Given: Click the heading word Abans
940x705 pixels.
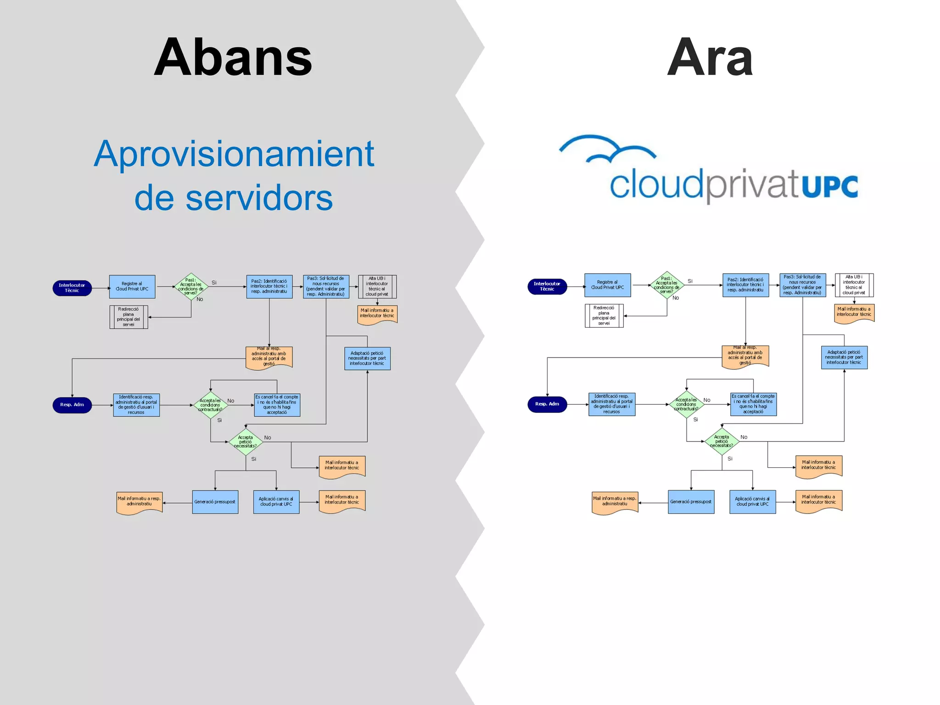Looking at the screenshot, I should [233, 57].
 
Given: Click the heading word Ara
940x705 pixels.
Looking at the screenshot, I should [710, 57].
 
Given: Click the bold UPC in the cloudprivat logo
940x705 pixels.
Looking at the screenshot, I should [830, 186].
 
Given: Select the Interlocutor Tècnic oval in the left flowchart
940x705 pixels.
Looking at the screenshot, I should [72, 288].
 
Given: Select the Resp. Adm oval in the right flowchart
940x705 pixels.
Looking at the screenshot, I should [547, 404].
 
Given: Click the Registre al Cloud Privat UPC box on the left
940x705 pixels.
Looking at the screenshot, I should [132, 286].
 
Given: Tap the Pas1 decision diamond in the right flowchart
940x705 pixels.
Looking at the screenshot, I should [667, 285].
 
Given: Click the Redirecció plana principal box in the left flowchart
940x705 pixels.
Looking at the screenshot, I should [129, 317].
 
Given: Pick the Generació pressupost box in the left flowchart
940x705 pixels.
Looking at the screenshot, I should [215, 502].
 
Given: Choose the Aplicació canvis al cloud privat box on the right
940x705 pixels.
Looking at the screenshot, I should [752, 502].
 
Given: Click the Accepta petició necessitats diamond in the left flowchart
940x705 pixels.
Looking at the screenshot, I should [246, 442].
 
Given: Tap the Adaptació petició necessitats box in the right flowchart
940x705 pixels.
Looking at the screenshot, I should [844, 358].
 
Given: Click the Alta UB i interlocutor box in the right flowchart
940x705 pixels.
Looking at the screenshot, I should [854, 285].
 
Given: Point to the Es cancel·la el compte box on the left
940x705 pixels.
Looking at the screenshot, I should [277, 405].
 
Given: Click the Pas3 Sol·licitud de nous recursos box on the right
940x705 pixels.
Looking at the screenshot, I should [802, 285].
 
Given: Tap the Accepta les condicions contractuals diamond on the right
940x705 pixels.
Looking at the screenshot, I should [687, 404].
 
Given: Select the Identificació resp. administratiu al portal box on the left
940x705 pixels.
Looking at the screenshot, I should [136, 405].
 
